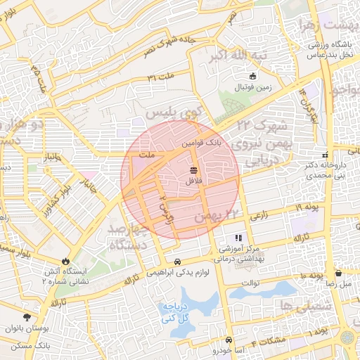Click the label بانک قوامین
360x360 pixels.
coord(202,141)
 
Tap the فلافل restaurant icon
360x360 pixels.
coord(193,170)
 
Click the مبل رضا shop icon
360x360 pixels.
coord(338,273)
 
